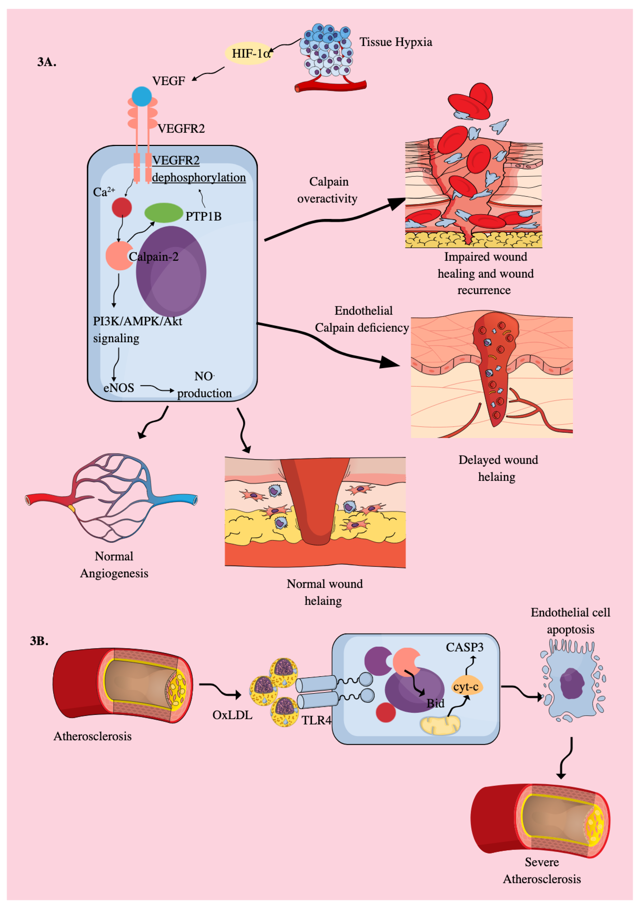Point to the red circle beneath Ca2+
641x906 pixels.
click(x=122, y=207)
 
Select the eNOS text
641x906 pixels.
click(x=119, y=388)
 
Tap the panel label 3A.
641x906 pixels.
click(x=47, y=62)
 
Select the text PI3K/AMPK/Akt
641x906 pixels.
click(x=137, y=321)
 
